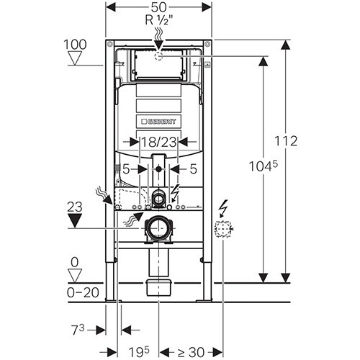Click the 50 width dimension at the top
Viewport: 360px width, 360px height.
tap(159, 7)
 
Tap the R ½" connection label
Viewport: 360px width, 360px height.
tap(159, 20)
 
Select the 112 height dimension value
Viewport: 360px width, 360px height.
tap(286, 141)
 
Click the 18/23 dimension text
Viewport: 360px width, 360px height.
tap(158, 142)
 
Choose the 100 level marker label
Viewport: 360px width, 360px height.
tap(75, 45)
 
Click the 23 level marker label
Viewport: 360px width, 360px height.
tap(75, 207)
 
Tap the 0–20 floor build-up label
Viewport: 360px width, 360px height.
tap(83, 292)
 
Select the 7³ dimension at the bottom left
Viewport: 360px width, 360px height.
tap(78, 330)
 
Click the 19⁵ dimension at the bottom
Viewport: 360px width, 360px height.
tap(139, 352)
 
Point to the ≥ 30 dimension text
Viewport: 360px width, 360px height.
tap(191, 352)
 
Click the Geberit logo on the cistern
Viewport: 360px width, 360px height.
tap(158, 122)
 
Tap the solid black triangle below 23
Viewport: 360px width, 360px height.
tap(75, 220)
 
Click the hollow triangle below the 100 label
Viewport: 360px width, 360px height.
tap(75, 58)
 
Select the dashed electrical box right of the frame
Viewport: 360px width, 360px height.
tap(222, 228)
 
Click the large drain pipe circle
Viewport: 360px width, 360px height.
tap(158, 228)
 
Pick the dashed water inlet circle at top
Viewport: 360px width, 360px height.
tap(158, 56)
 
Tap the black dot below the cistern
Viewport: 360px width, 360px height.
tap(158, 169)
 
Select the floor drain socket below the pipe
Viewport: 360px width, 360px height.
tap(158, 287)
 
